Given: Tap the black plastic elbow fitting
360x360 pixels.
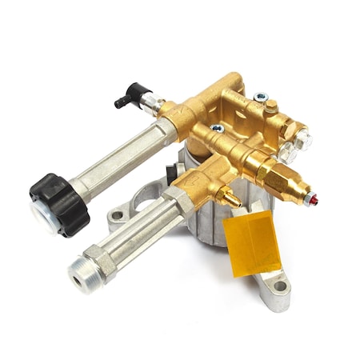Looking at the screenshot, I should click(125, 98).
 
